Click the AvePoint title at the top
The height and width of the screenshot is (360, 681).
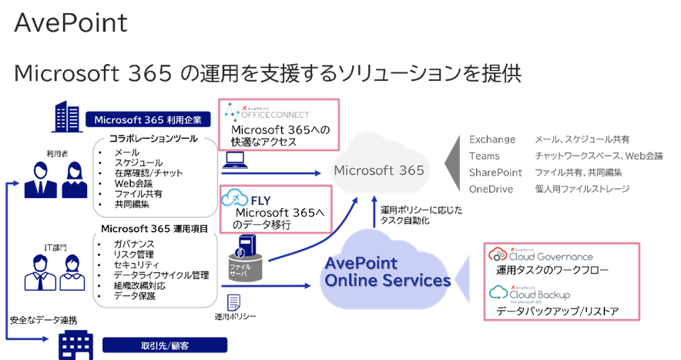click(71, 22)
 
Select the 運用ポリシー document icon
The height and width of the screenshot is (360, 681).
click(234, 302)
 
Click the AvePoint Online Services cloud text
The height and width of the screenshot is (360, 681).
click(387, 271)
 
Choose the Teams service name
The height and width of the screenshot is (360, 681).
click(485, 156)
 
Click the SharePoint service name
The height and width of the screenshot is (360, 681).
click(495, 173)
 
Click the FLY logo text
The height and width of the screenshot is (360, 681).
click(259, 198)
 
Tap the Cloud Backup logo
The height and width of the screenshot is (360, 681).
click(532, 294)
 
